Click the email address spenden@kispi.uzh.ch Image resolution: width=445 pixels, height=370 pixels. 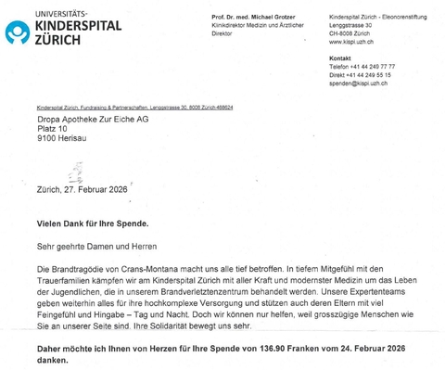(x=358, y=83)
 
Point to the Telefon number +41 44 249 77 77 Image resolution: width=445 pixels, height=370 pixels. (x=362, y=67)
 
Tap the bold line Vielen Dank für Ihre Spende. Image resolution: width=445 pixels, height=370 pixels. (x=92, y=224)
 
